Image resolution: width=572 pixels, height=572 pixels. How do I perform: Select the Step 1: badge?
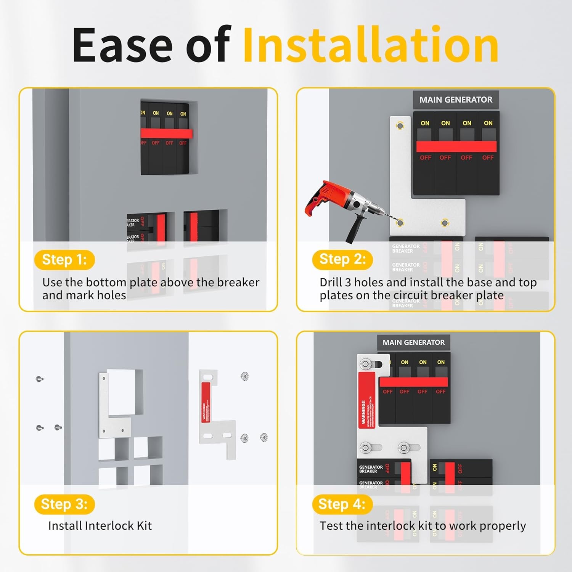pos(64,260)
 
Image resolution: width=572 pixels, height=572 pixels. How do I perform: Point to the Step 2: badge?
pos(342,259)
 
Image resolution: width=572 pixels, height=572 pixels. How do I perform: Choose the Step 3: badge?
pos(64,504)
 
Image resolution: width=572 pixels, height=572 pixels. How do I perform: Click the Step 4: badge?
pos(342,504)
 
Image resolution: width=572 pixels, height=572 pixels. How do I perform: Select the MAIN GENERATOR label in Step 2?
pos(456,100)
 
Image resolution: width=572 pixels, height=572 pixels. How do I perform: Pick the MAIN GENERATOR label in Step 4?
pos(413,342)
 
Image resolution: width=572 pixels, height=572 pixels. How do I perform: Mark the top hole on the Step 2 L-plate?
pos(400,125)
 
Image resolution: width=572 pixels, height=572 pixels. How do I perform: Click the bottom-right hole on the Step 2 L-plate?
pos(445,223)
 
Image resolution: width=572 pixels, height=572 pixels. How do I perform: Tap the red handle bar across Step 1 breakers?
pos(167,133)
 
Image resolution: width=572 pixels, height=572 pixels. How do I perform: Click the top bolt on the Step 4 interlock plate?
pos(366,364)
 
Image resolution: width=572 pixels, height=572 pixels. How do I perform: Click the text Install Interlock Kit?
pos(100,526)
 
